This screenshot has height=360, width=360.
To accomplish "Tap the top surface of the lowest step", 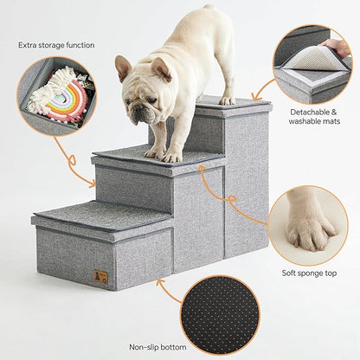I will [x=100, y=215].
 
